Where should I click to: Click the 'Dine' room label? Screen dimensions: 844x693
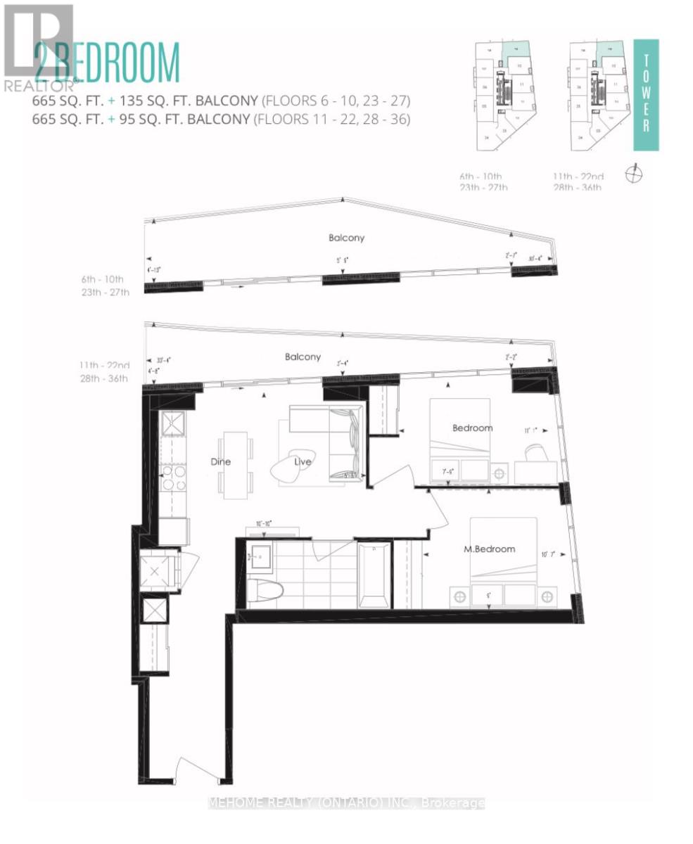(x=220, y=462)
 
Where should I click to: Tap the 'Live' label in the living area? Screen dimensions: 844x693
(x=303, y=461)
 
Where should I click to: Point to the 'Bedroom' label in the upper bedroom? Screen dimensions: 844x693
(x=472, y=428)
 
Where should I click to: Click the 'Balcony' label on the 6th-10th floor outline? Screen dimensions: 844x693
(x=346, y=238)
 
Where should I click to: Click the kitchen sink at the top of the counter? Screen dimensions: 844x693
(x=172, y=424)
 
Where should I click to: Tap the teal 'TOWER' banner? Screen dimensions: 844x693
(x=646, y=95)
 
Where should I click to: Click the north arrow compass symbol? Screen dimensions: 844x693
(x=634, y=173)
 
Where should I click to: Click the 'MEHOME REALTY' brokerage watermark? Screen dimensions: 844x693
(x=346, y=803)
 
